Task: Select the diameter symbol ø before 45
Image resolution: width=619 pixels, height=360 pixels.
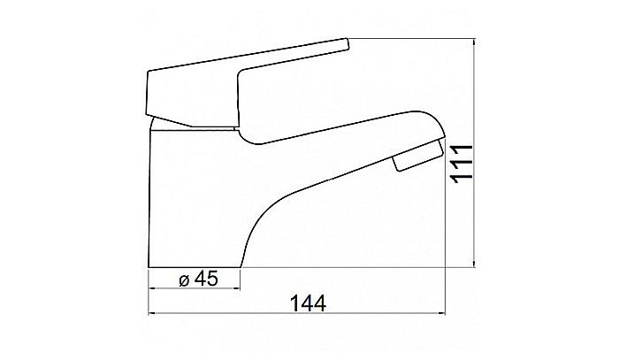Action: [x=184, y=279]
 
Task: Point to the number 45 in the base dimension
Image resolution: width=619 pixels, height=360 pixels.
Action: [x=205, y=279]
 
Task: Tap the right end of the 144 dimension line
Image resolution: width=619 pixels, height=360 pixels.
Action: [x=446, y=314]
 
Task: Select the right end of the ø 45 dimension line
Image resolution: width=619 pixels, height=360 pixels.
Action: [x=241, y=289]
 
